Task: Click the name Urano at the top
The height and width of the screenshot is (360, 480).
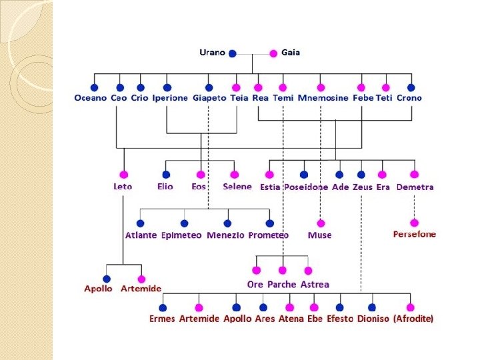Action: click(x=212, y=53)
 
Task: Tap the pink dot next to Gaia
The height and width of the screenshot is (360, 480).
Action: click(x=273, y=53)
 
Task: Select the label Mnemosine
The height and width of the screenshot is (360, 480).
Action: click(x=323, y=98)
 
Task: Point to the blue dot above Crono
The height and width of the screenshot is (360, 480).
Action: click(x=411, y=87)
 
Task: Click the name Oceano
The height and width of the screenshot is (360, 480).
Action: click(x=91, y=98)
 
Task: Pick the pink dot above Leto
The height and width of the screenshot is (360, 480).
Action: click(x=123, y=175)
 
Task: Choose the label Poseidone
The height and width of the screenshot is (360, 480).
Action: click(x=306, y=187)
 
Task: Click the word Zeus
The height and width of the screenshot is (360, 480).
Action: click(x=363, y=187)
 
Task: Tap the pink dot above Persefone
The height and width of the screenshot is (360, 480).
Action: click(x=414, y=223)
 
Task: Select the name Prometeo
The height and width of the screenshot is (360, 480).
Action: click(x=269, y=235)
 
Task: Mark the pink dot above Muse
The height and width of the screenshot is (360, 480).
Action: click(x=321, y=223)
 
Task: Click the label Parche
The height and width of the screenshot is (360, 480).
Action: click(x=281, y=284)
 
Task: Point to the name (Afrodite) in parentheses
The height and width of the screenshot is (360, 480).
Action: click(x=413, y=319)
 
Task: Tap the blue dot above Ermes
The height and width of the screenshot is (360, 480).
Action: click(x=163, y=307)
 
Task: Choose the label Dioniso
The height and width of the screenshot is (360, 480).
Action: click(x=373, y=319)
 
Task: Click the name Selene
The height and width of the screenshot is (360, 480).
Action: click(x=237, y=187)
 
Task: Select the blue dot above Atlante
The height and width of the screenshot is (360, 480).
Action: click(x=141, y=223)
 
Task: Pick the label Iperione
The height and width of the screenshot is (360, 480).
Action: click(x=170, y=98)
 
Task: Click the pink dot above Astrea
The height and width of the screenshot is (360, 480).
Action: click(x=307, y=271)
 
